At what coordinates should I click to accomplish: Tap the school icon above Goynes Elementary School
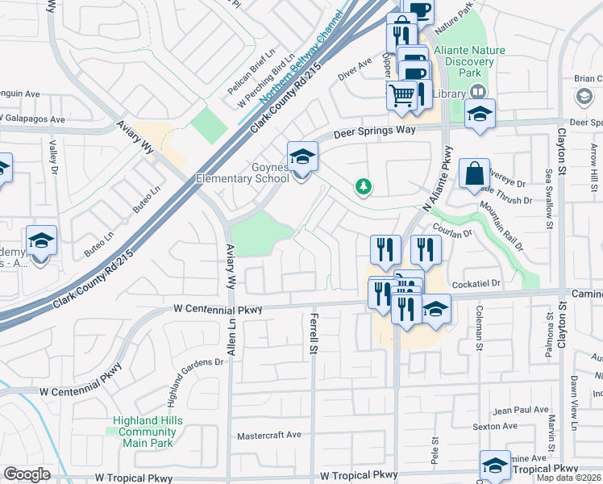click(x=302, y=156)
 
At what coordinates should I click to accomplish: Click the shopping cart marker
click(x=401, y=95)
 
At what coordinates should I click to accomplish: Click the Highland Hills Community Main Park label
click(x=148, y=432)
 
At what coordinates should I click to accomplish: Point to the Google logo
click(x=27, y=474)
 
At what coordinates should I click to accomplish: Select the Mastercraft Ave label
click(x=268, y=436)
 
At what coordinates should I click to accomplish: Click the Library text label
click(x=448, y=94)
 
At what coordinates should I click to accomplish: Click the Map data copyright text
click(x=568, y=478)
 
